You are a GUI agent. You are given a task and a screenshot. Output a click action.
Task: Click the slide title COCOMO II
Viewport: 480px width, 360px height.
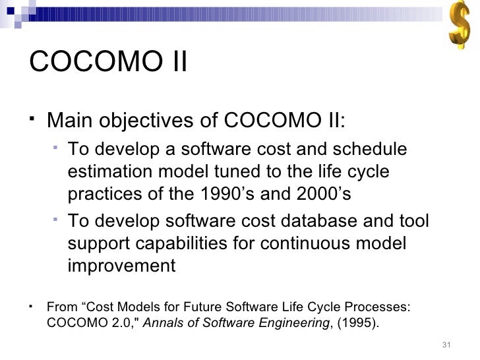click(x=109, y=64)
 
